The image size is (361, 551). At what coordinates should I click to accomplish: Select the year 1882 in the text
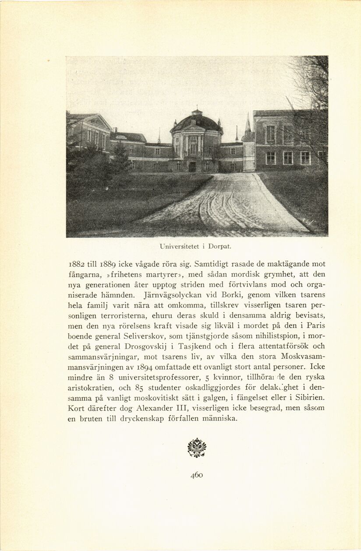pyautogui.click(x=78, y=264)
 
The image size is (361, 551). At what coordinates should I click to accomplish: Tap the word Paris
pyautogui.click(x=315, y=326)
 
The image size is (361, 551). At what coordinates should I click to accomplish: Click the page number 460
pyautogui.click(x=197, y=475)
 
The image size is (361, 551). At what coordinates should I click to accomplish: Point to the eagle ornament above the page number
pyautogui.click(x=197, y=448)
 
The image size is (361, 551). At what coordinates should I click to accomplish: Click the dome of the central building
pyautogui.click(x=196, y=122)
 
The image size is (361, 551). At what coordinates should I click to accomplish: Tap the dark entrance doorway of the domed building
pyautogui.click(x=192, y=166)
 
